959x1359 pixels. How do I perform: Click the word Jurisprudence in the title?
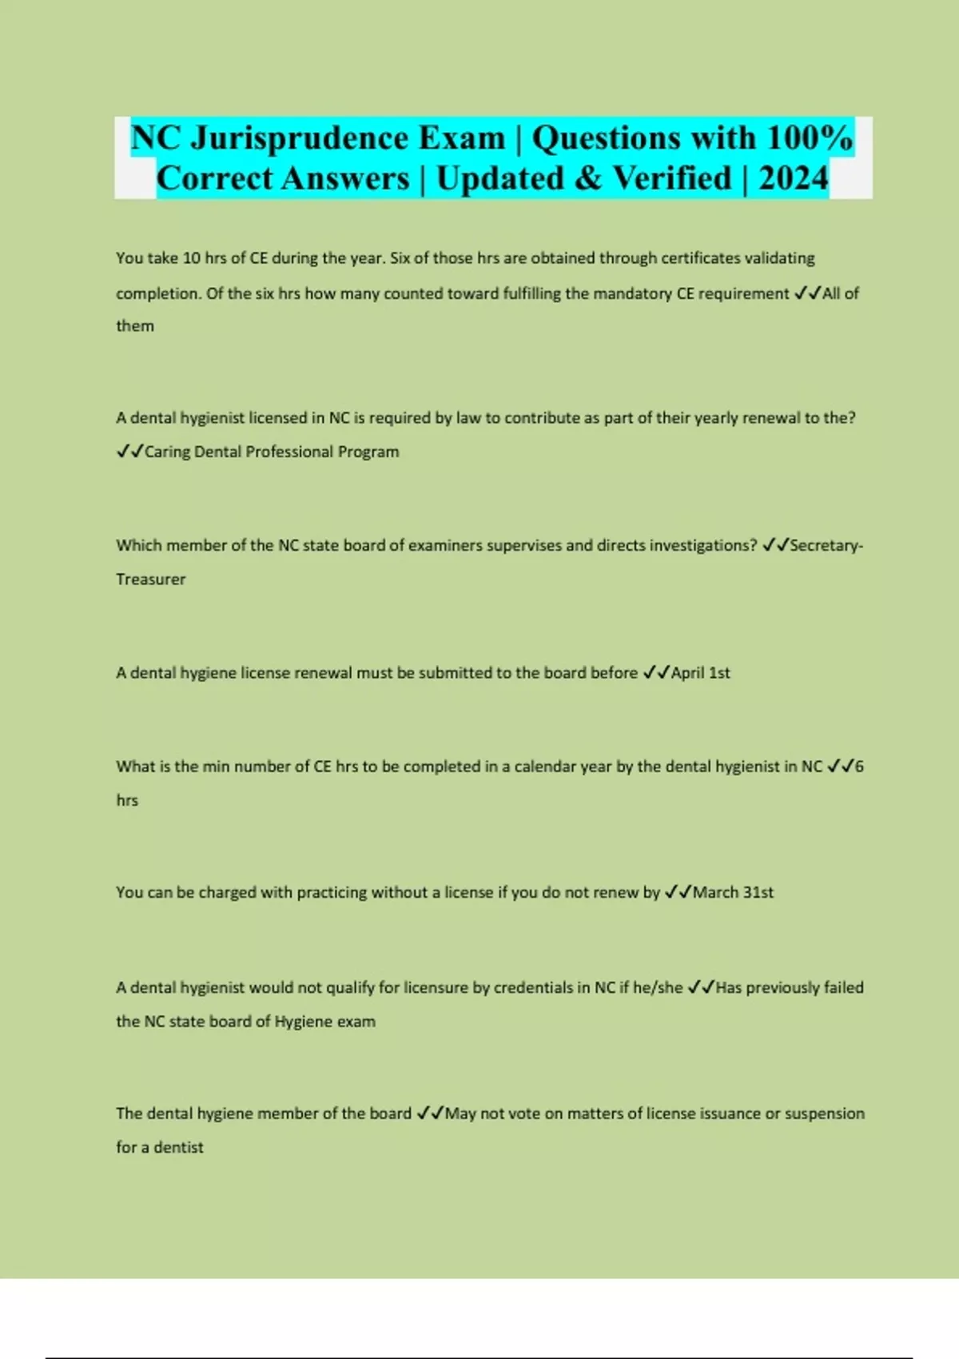(x=300, y=138)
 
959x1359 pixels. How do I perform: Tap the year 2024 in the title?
(x=793, y=178)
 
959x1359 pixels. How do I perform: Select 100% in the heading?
(x=810, y=138)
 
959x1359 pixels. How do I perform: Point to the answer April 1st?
(x=700, y=673)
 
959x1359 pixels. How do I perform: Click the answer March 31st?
(x=733, y=893)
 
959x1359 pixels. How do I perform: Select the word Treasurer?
(x=150, y=580)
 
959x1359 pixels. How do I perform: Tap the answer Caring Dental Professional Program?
(x=272, y=452)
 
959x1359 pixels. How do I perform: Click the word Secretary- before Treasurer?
(x=826, y=545)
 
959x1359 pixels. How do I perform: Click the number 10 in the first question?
(x=192, y=258)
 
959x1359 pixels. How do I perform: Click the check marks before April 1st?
(x=656, y=673)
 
